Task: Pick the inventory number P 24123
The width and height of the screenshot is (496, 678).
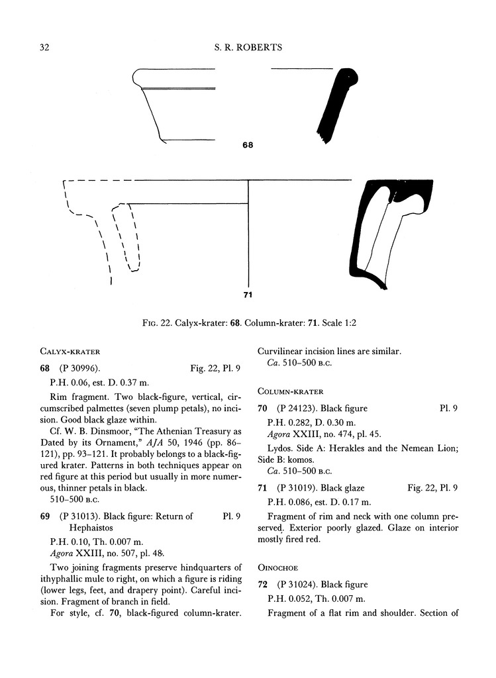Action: [301, 409]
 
